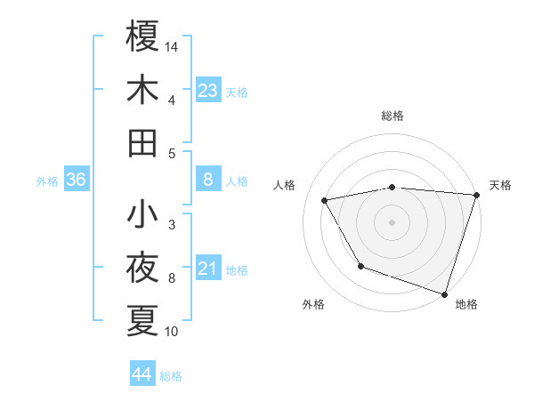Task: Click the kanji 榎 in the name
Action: point(142,37)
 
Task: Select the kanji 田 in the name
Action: point(142,142)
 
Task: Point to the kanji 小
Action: point(142,214)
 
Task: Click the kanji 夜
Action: point(142,268)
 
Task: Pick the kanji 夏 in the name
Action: point(142,320)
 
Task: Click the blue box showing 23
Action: point(208,90)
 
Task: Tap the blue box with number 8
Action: point(208,180)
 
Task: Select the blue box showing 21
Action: point(208,269)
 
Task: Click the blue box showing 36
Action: point(77,180)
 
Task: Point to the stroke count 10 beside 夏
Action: point(173,332)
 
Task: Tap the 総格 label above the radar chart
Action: point(392,117)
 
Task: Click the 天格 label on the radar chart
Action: point(500,185)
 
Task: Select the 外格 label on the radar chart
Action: point(313,305)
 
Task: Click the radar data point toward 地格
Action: point(444,293)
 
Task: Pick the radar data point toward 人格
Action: point(325,201)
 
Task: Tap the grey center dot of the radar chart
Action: point(392,221)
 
